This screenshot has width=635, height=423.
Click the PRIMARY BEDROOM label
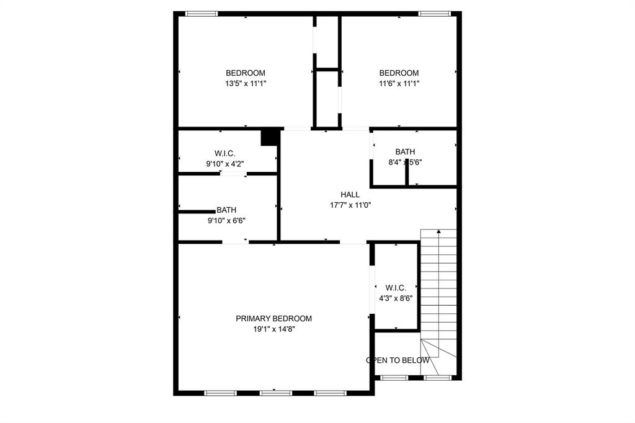273,319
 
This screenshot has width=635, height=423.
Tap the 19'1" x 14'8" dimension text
273,329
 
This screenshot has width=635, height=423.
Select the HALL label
350,195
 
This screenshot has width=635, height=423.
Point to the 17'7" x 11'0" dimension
350,205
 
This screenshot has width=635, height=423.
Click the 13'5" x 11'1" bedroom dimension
245,83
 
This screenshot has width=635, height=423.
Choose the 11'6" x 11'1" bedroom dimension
399,83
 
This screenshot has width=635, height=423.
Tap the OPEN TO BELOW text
397,360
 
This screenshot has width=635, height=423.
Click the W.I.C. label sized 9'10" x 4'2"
224,153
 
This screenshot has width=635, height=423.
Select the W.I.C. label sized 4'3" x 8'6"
396,288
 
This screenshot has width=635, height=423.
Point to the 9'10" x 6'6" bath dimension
226,220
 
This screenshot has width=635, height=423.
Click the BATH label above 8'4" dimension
405,152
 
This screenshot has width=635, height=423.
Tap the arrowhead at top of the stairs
438,232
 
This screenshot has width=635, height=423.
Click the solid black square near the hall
269,137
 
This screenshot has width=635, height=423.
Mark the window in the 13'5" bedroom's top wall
202,14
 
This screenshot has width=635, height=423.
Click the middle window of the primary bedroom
276,393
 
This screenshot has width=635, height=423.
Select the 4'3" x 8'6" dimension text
396,298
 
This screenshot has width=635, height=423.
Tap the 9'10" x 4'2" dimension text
224,164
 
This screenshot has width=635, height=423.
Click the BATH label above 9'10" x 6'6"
226,210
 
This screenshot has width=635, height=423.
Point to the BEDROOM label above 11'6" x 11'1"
399,73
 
